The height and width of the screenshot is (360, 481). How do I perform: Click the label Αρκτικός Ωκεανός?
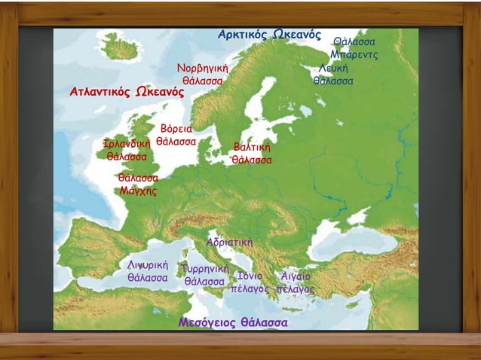269,35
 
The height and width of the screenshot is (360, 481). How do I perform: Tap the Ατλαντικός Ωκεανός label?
127,92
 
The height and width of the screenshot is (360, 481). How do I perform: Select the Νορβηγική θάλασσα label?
202,74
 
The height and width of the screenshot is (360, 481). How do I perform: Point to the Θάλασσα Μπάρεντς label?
354,48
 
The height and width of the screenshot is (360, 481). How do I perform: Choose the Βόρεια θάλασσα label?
176,135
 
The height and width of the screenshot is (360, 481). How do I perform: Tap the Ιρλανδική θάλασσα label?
127,150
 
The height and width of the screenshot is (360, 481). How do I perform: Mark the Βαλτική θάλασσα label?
252,153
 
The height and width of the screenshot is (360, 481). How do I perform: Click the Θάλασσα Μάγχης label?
138,185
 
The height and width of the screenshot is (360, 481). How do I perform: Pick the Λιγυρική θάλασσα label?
147,271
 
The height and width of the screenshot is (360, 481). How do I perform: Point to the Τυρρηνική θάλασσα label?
204,275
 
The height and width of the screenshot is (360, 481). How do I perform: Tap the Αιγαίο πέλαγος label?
296,282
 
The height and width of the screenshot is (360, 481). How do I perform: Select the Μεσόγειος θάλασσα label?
232,322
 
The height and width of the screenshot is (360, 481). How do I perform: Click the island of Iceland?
121,47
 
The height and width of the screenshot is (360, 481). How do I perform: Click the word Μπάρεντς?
354,55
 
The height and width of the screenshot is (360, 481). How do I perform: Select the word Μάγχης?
138,191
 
